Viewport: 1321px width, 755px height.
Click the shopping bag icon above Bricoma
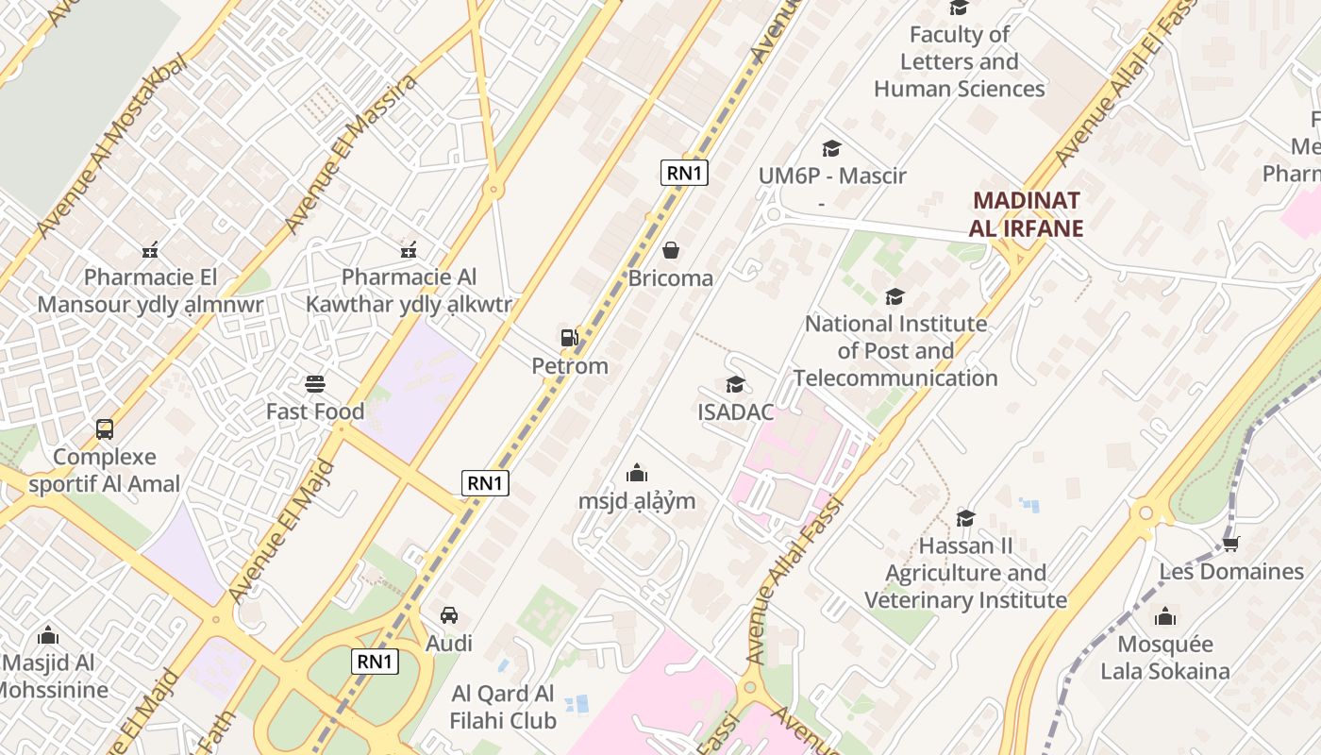click(670, 250)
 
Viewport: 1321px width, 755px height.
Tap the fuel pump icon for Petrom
click(569, 338)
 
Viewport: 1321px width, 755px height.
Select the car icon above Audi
click(449, 615)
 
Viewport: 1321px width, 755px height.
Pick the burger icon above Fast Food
click(315, 384)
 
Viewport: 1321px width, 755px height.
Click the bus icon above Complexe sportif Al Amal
click(105, 429)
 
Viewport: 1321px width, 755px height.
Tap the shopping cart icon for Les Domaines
click(1230, 544)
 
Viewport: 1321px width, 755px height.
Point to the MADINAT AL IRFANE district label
click(1026, 214)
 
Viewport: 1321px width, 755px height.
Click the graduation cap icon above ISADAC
click(735, 384)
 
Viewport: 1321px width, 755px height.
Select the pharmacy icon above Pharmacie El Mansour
click(149, 250)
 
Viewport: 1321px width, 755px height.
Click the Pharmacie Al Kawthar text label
click(409, 291)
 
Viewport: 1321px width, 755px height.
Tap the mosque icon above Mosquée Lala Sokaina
click(1165, 617)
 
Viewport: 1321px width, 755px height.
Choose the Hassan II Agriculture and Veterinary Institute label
click(965, 573)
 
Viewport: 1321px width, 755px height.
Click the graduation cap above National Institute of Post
click(895, 297)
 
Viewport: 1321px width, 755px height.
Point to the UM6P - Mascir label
click(831, 176)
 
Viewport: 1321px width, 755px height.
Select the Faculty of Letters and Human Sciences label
click(959, 62)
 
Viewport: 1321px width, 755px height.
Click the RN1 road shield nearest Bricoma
click(684, 172)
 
